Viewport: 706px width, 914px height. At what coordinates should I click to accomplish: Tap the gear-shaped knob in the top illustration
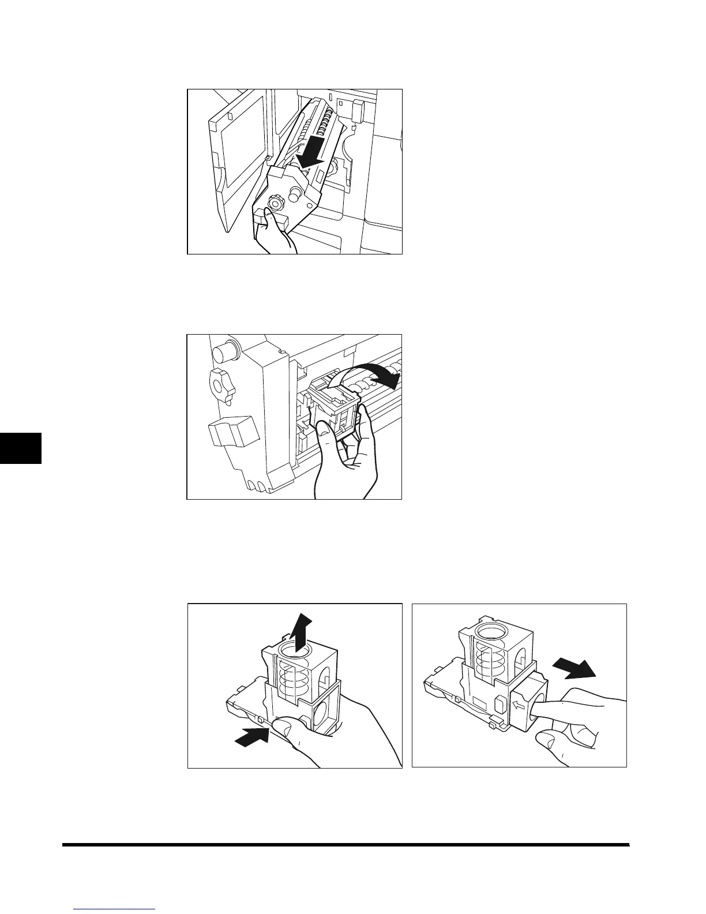[276, 204]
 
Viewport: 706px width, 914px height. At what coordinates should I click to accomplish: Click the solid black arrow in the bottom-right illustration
[574, 669]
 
